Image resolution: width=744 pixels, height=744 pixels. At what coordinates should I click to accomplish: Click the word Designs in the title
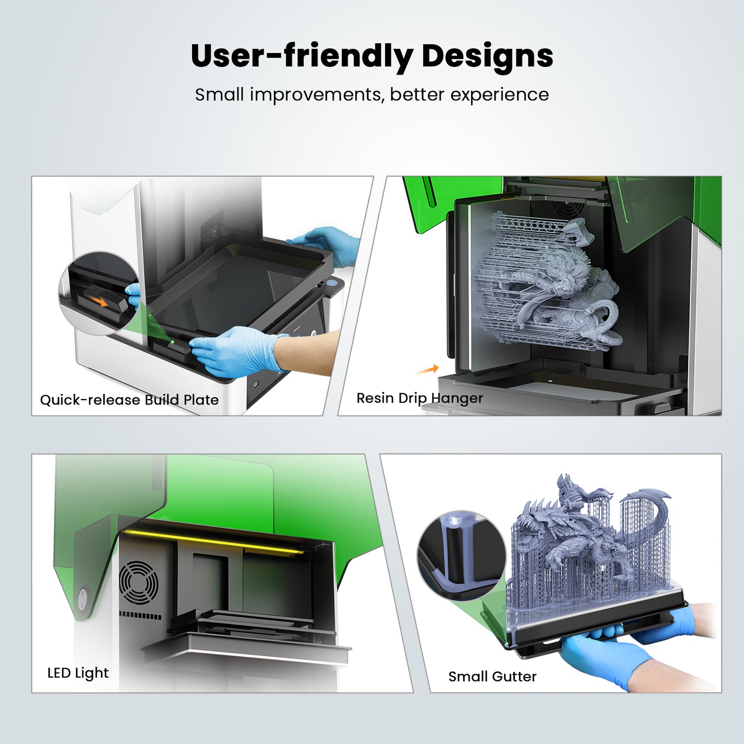(487, 56)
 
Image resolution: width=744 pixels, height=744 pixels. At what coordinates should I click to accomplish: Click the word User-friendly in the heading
(302, 56)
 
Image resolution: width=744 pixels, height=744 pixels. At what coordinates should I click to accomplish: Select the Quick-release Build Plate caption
(129, 400)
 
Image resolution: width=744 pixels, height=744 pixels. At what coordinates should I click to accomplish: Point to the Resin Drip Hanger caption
(419, 398)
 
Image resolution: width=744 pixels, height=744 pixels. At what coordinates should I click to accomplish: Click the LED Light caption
(78, 672)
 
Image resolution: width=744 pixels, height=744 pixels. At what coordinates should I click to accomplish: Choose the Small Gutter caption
(492, 677)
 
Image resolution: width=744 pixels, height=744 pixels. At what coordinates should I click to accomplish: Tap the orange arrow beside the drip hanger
(427, 370)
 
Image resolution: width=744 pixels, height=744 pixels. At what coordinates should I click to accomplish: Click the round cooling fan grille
(139, 583)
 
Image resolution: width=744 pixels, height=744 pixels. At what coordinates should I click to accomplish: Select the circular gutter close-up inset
(461, 555)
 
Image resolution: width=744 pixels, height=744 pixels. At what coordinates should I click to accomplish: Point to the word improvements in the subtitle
(317, 95)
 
